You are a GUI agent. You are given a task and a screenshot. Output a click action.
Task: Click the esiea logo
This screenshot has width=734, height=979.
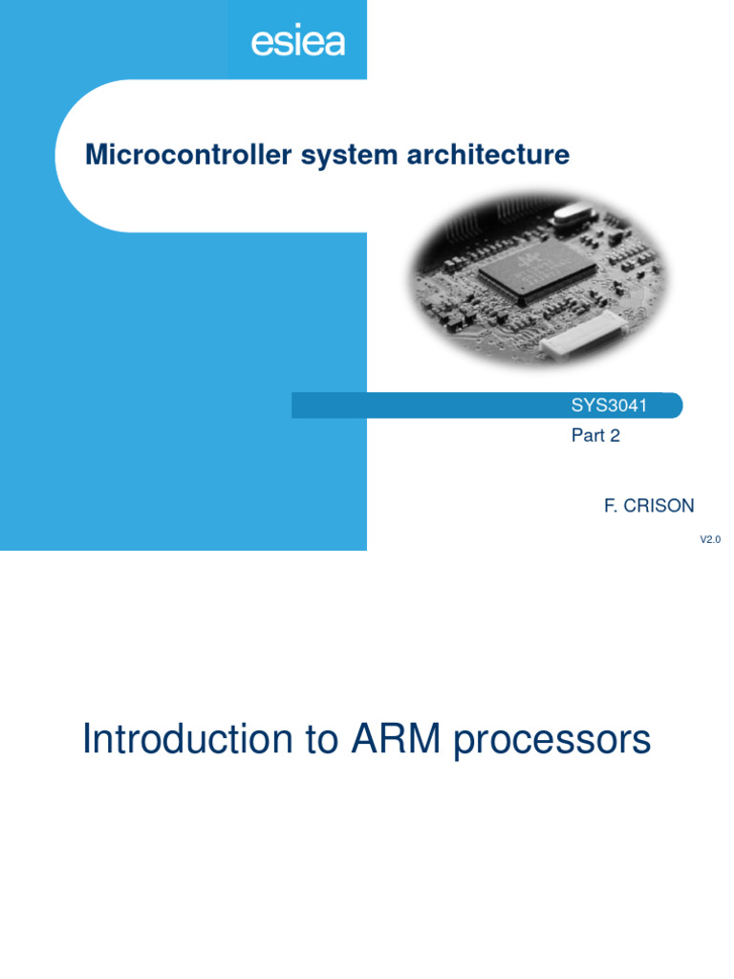click(x=297, y=41)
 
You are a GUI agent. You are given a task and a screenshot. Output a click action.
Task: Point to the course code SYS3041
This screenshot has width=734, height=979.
click(x=609, y=405)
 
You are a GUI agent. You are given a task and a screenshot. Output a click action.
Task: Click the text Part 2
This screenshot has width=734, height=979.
click(x=595, y=436)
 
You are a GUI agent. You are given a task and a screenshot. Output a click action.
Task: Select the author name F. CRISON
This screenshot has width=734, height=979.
click(x=648, y=506)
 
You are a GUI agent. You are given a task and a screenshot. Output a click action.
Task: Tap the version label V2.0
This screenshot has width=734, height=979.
click(x=709, y=540)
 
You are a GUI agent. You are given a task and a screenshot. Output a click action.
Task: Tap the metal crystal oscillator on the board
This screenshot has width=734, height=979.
click(x=568, y=219)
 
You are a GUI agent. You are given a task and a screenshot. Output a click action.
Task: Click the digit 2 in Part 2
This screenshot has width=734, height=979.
click(x=615, y=436)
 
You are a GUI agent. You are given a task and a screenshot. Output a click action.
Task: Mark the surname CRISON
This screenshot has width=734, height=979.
click(x=658, y=506)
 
